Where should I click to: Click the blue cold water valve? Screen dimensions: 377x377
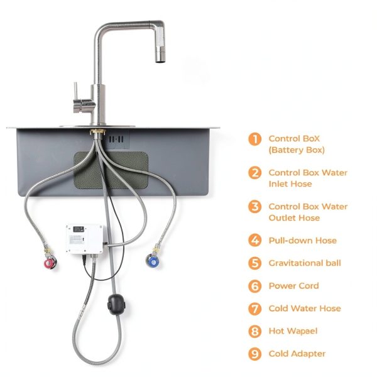click(151, 260)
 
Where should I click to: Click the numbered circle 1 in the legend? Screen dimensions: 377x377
click(254, 139)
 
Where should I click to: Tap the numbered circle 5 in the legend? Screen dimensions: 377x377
click(254, 263)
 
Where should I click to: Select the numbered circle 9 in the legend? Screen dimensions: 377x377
click(254, 354)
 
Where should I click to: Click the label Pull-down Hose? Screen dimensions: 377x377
click(302, 241)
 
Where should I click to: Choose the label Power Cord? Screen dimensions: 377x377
click(293, 286)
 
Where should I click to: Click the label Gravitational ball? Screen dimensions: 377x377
click(305, 263)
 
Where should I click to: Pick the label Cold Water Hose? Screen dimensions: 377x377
click(305, 309)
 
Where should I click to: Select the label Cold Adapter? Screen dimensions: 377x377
click(297, 354)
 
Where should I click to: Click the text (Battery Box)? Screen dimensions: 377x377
click(297, 150)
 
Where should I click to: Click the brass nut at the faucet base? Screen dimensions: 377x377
click(98, 133)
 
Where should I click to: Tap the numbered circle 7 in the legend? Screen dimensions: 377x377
click(254, 309)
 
